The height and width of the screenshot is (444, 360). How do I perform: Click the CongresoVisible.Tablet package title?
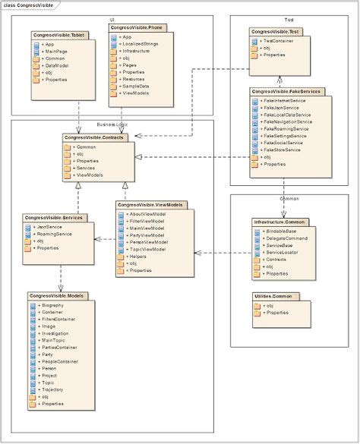point(58,35)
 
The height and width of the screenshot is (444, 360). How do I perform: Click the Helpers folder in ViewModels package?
point(138,257)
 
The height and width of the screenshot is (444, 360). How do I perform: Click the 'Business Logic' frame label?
point(113,124)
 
